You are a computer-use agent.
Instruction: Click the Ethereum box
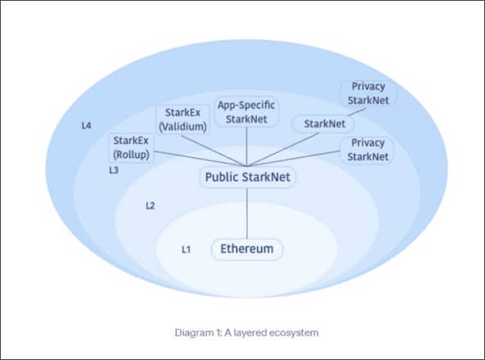click(247, 249)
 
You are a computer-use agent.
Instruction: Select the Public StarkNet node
click(248, 177)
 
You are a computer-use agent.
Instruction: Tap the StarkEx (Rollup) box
click(131, 147)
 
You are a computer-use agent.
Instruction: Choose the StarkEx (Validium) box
click(183, 119)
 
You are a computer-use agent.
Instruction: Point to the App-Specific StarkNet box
click(246, 112)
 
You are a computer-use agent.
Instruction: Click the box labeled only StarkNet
click(324, 124)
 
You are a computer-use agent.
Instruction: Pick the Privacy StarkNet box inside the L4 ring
click(368, 93)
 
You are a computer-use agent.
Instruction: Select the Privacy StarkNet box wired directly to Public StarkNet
click(367, 150)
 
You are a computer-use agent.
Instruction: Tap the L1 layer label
click(186, 250)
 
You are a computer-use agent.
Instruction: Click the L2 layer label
click(150, 205)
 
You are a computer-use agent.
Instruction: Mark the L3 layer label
click(114, 170)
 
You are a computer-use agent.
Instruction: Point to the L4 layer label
click(87, 125)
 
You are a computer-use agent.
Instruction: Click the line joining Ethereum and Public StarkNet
click(247, 214)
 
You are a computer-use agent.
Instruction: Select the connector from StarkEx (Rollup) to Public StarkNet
click(200, 159)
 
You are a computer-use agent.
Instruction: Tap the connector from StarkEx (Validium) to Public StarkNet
click(214, 151)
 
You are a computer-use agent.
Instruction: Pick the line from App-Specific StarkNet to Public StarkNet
click(246, 146)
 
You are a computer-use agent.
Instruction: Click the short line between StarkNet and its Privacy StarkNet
click(357, 111)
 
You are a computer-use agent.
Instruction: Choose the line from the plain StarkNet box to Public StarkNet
click(283, 150)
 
